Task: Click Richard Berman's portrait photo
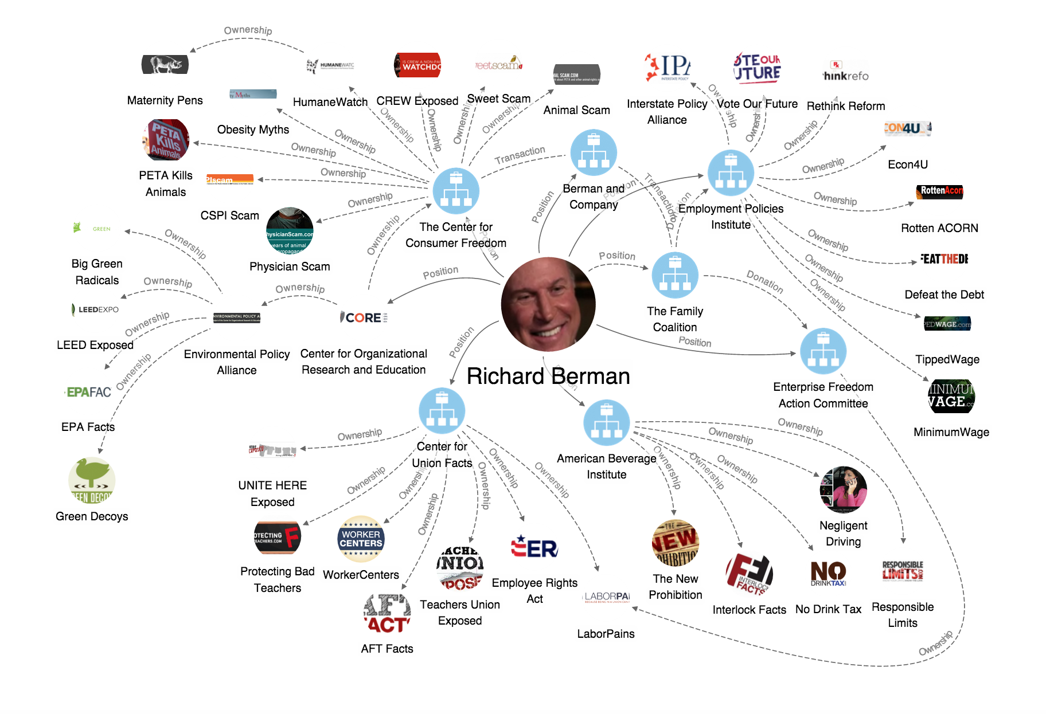(x=548, y=304)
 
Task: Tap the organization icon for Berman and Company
(x=594, y=152)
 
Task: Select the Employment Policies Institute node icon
(x=730, y=172)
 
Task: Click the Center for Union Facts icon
(x=442, y=410)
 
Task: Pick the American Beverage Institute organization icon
(x=606, y=423)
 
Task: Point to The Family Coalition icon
(x=675, y=275)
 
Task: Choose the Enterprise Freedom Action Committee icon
(x=823, y=351)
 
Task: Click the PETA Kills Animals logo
(x=166, y=140)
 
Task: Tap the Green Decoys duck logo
(x=92, y=480)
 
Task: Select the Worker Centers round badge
(x=361, y=539)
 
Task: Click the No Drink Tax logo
(x=828, y=573)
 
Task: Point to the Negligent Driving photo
(x=843, y=489)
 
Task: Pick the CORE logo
(x=364, y=317)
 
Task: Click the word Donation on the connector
(x=764, y=281)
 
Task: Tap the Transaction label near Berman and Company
(x=520, y=155)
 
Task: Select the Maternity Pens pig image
(x=165, y=64)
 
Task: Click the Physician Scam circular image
(x=290, y=231)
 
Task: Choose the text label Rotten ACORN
(x=939, y=228)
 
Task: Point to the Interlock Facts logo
(x=749, y=574)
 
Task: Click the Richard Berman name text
(x=548, y=376)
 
